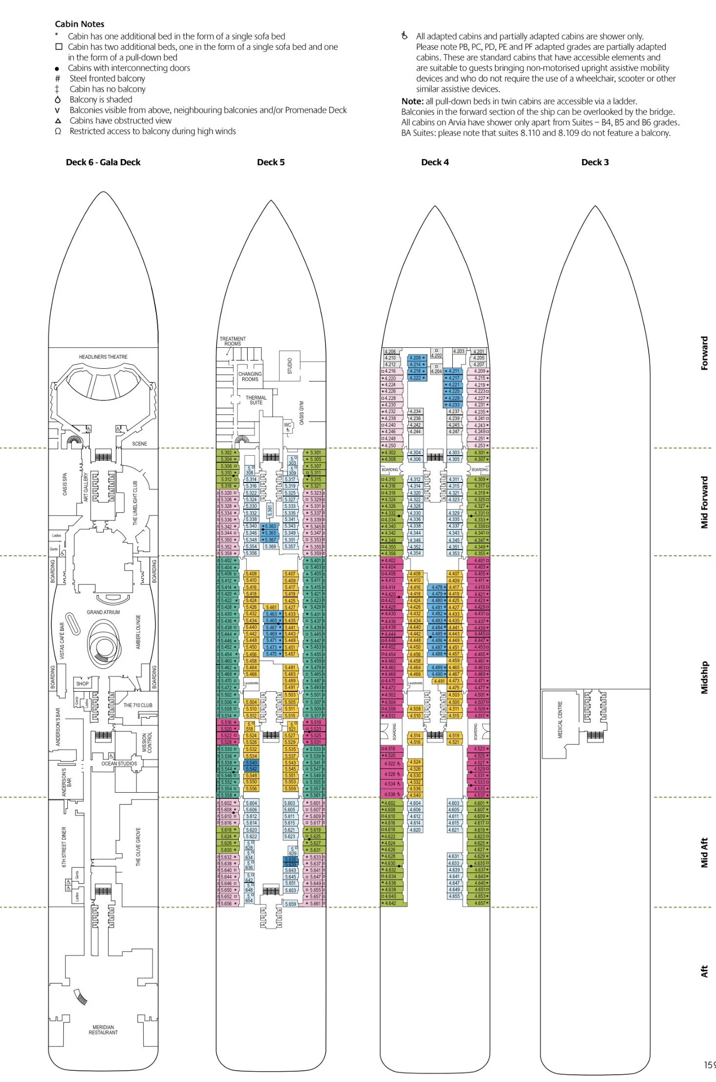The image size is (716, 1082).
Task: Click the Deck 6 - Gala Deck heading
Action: pos(103,162)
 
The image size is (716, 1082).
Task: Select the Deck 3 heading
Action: pos(595,162)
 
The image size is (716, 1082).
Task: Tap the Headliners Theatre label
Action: pos(103,357)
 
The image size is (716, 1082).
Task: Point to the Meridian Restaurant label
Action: pos(103,1030)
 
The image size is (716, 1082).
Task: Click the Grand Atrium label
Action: pos(103,612)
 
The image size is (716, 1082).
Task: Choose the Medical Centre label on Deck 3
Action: pos(560,720)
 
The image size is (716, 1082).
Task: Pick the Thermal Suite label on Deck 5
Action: pos(256,400)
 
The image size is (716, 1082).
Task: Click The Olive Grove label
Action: pos(138,847)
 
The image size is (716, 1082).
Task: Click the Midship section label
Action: pos(704,678)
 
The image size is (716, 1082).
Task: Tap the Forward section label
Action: pos(704,353)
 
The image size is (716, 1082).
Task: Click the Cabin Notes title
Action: pos(79,24)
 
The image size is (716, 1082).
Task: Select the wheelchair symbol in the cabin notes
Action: pos(405,36)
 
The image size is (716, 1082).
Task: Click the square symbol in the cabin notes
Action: pos(58,47)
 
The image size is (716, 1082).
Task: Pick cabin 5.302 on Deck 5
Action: pos(227,453)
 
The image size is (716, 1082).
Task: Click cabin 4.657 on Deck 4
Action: pos(480,903)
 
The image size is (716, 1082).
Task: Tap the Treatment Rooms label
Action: pos(232,341)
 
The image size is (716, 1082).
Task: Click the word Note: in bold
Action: pos(412,101)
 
